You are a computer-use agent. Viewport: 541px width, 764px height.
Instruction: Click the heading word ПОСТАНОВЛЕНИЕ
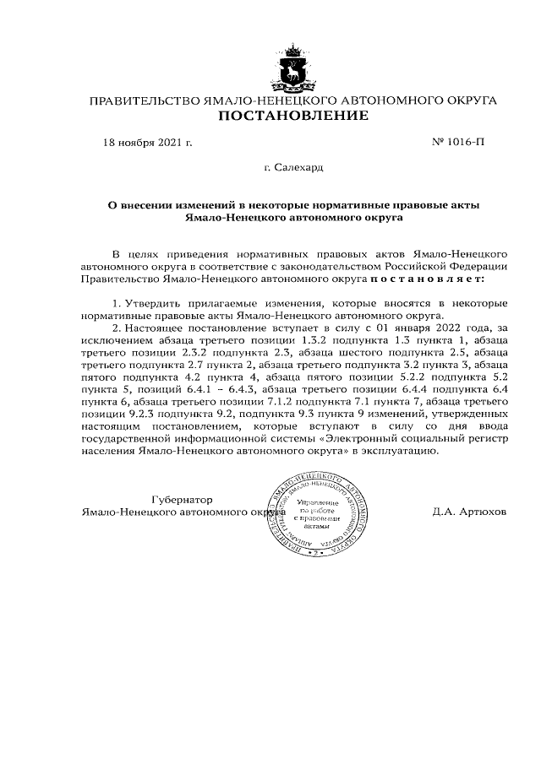tap(293, 116)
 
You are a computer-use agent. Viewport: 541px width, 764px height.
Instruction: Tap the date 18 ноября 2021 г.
tap(148, 142)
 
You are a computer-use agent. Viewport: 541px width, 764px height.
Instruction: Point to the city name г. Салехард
tap(293, 168)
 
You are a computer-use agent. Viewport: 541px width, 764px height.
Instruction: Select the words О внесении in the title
tap(142, 203)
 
